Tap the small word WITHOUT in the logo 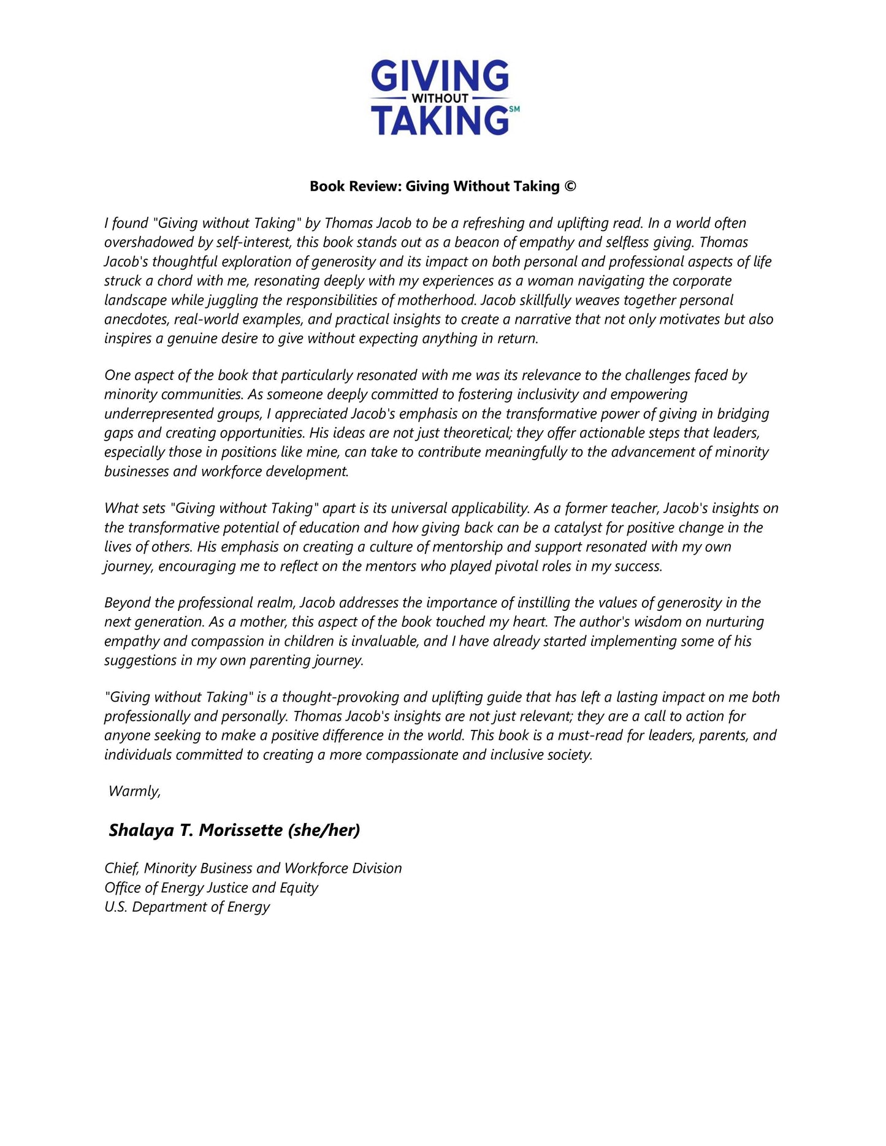tap(440, 98)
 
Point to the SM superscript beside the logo tap(514, 109)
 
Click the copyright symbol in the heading tap(570, 186)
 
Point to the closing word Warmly tap(134, 791)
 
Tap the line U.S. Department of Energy tap(187, 907)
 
